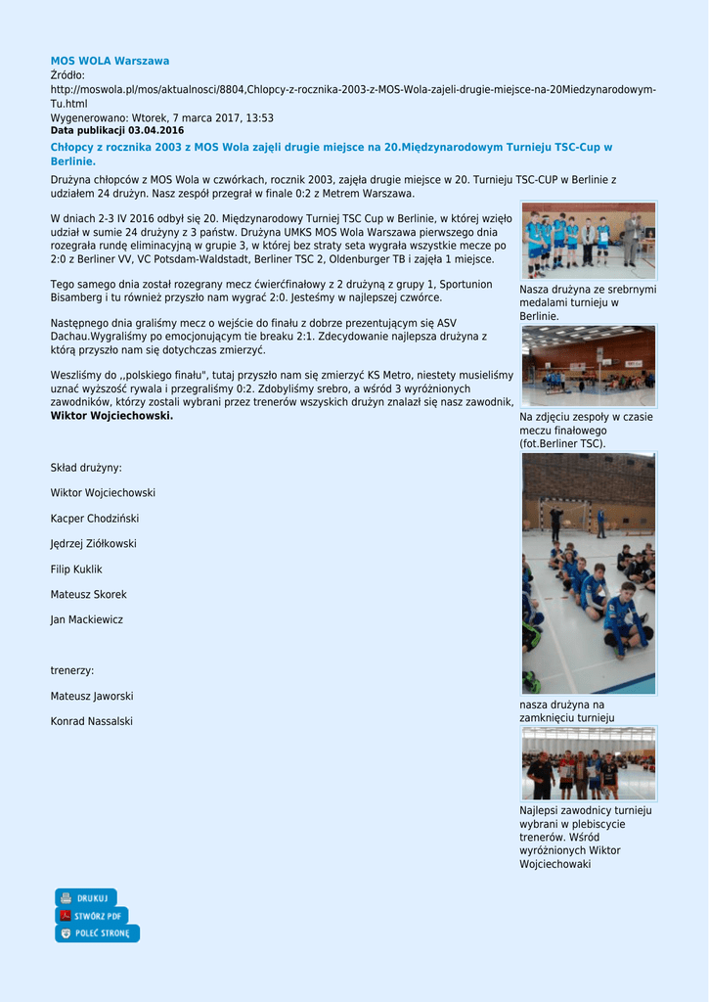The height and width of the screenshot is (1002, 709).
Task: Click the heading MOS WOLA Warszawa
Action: [110, 61]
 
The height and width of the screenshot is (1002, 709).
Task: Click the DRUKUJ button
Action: [86, 897]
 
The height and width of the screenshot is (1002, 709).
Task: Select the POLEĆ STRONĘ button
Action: [97, 934]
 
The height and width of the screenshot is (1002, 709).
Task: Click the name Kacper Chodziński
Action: [94, 519]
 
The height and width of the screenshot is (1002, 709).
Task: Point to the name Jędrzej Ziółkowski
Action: [93, 544]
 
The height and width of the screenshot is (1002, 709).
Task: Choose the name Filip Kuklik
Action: [76, 569]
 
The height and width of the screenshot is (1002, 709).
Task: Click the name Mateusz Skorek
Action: [88, 595]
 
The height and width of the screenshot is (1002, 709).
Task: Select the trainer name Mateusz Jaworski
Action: [92, 697]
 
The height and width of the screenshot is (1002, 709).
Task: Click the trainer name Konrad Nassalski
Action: [91, 722]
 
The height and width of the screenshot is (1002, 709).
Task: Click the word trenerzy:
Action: [72, 671]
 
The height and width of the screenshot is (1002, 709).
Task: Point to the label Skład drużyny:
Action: [86, 468]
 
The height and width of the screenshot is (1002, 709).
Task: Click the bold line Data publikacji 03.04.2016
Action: [117, 130]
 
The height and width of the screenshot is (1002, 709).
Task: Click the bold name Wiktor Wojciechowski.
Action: [111, 416]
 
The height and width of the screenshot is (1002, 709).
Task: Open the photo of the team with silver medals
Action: [588, 241]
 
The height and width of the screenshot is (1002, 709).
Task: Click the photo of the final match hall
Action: [588, 366]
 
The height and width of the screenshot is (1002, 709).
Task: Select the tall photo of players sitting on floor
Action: [588, 573]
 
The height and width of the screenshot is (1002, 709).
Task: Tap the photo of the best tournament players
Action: [588, 763]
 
